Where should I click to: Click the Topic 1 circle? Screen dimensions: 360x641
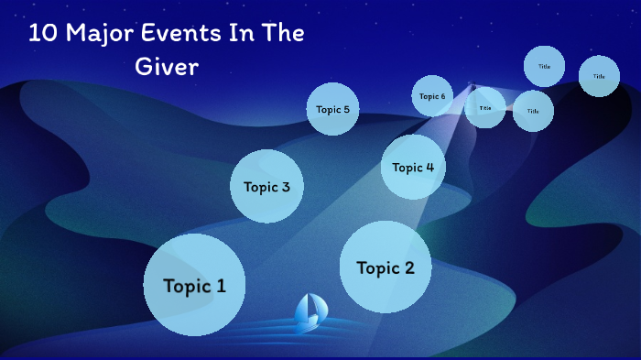[194, 285]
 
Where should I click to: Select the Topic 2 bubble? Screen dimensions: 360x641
[386, 267]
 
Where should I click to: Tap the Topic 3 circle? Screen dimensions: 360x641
[266, 187]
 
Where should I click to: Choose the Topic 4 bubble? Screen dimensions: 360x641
[413, 167]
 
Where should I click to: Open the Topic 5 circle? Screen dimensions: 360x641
[332, 109]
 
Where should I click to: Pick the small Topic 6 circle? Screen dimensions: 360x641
[432, 96]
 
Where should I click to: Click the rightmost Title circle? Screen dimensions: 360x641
[599, 76]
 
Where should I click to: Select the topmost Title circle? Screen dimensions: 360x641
[544, 66]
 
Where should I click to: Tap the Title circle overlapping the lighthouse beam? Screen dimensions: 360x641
[485, 108]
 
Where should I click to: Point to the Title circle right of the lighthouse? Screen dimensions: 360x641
[533, 111]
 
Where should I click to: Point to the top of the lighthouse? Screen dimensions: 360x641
[473, 87]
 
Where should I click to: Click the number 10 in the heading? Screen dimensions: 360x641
[41, 34]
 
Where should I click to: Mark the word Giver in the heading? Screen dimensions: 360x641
[167, 67]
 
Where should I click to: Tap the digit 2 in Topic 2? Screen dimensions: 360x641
[408, 267]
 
